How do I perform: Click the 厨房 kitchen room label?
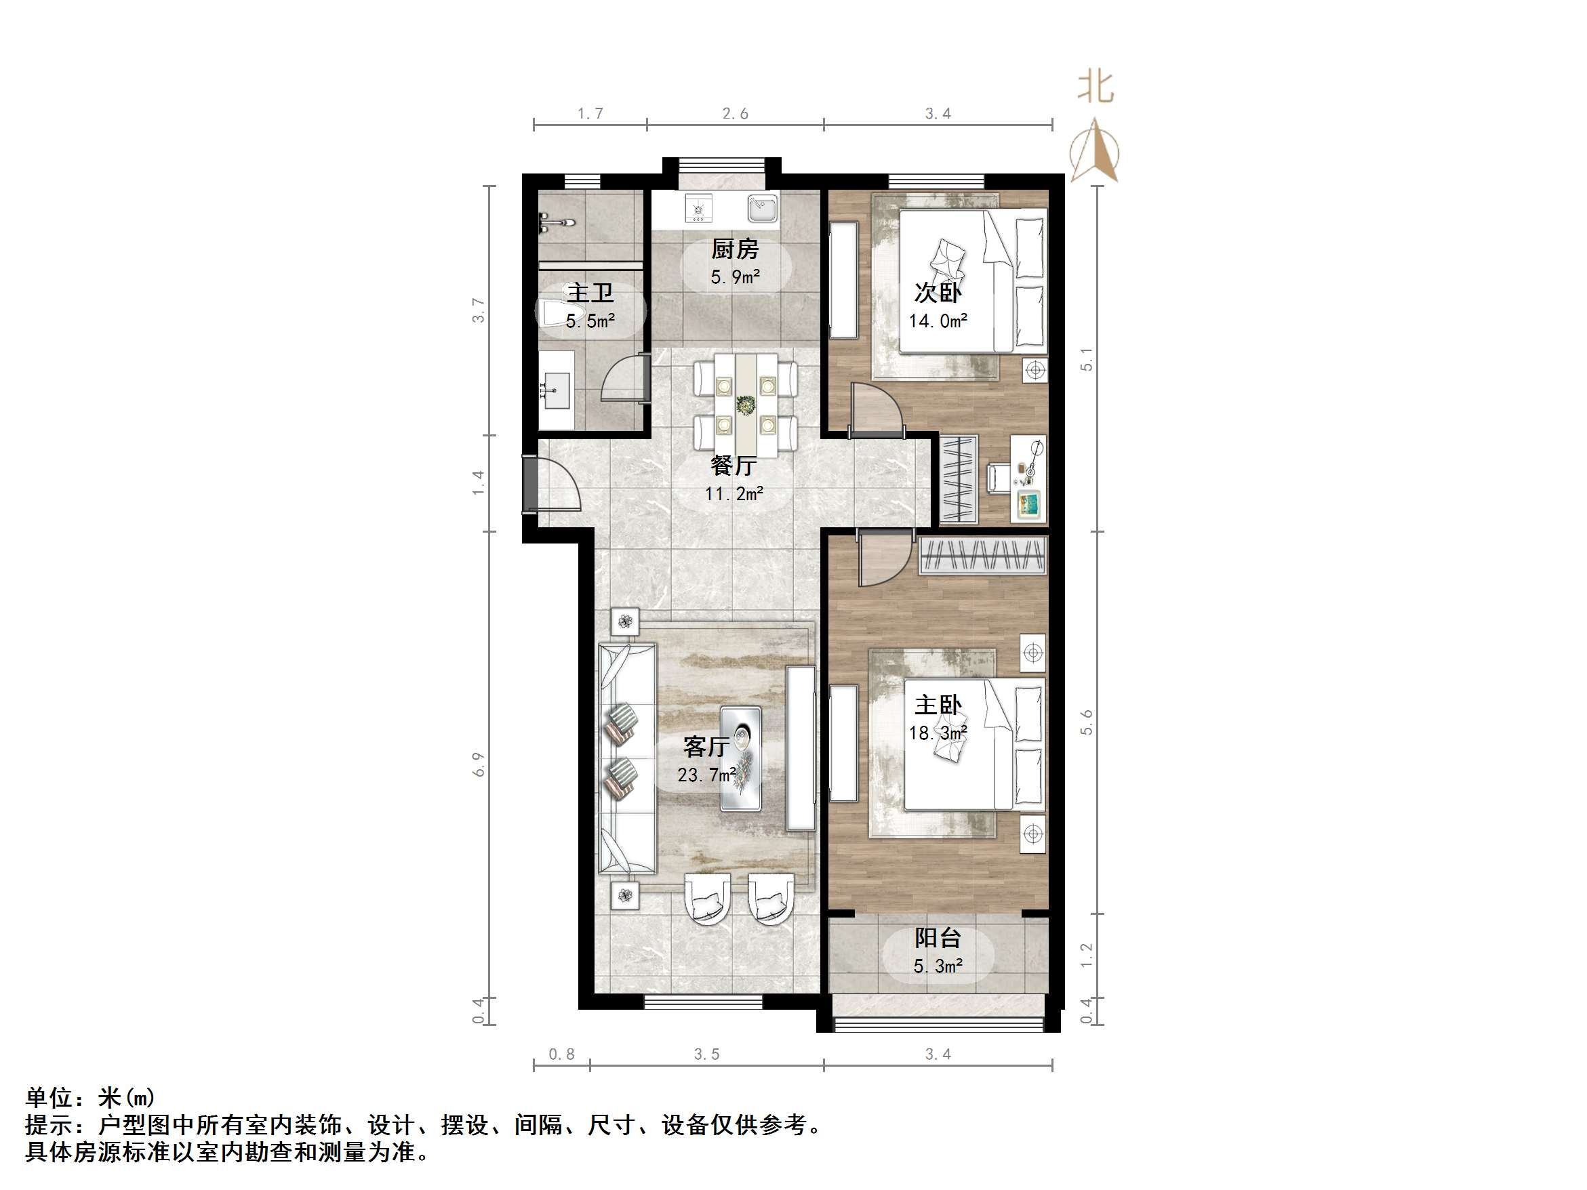pos(734,249)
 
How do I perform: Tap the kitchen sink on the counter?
pos(762,209)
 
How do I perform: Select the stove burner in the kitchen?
pos(698,209)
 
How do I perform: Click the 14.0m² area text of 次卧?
pos(938,321)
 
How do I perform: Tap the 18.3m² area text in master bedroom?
pos(938,733)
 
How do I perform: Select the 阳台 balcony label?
pos(937,938)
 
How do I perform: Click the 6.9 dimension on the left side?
pos(479,764)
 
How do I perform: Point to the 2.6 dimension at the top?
pos(735,113)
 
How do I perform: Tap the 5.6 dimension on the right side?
pos(1086,722)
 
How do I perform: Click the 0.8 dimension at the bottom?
pos(561,1054)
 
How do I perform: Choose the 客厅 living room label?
pos(706,747)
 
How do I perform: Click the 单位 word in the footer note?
pos(49,1097)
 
